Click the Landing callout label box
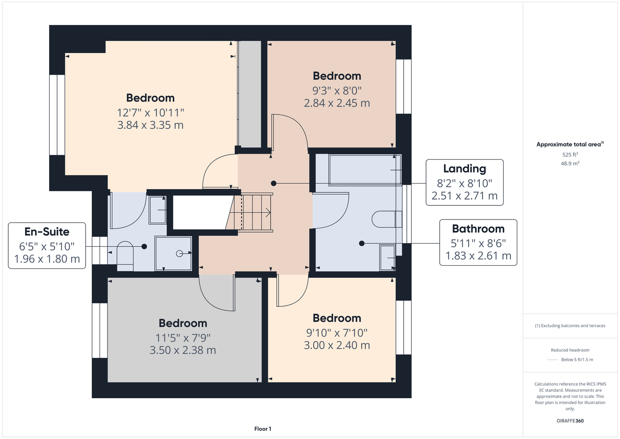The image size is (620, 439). [464, 182]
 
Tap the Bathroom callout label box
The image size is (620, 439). [478, 242]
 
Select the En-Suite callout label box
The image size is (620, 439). [47, 245]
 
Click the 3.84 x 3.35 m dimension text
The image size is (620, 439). [151, 125]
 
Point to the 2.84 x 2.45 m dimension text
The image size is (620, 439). [337, 103]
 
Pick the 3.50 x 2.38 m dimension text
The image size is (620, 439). [183, 350]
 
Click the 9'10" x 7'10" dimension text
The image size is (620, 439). [337, 333]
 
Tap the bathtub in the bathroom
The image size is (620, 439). [365, 170]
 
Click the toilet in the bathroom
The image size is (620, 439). [387, 219]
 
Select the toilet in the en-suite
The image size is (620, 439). [125, 256]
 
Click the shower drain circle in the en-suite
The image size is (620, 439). [179, 253]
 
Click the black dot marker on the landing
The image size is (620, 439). [273, 184]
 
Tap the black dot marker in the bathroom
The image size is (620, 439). [362, 244]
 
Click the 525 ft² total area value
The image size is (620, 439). [570, 155]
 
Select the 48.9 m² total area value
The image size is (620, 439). [570, 163]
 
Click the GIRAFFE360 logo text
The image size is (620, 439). [570, 421]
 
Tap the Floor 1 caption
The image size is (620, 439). [263, 429]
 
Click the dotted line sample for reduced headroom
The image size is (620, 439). [552, 360]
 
